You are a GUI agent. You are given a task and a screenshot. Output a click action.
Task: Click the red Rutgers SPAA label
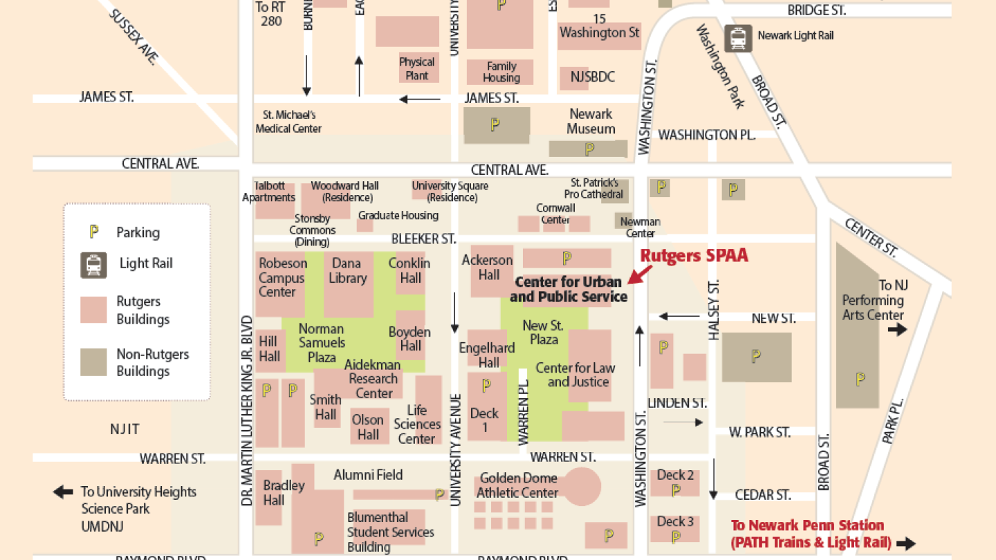[694, 255]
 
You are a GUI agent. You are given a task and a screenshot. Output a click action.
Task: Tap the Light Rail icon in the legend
[93, 265]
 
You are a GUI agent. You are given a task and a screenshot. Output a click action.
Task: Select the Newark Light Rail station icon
[738, 38]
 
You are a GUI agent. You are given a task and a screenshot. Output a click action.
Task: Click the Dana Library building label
[347, 270]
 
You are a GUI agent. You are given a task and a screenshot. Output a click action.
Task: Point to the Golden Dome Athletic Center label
[517, 485]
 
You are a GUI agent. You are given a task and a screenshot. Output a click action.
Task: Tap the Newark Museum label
[591, 122]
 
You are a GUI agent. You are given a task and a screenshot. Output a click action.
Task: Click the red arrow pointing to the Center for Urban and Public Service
[640, 274]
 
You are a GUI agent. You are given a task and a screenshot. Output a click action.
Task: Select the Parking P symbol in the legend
[94, 232]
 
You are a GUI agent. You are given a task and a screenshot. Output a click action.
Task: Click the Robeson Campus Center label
[282, 277]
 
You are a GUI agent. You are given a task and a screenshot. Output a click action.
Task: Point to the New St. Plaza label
[544, 332]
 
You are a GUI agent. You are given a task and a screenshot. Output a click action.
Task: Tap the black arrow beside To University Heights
[63, 492]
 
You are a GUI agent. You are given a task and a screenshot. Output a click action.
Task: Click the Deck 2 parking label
[675, 475]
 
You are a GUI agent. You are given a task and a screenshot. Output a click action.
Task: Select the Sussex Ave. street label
[133, 37]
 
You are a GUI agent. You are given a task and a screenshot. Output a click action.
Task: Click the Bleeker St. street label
[423, 239]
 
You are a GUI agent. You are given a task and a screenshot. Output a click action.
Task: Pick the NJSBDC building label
[592, 77]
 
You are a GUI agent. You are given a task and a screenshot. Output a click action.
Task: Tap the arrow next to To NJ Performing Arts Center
[897, 329]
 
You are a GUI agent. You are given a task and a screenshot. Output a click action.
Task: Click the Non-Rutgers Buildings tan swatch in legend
[93, 362]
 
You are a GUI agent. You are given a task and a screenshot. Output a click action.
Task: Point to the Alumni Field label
[368, 475]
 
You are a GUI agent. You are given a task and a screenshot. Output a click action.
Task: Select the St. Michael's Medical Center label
[288, 122]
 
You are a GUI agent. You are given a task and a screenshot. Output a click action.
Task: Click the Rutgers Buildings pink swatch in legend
[93, 310]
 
